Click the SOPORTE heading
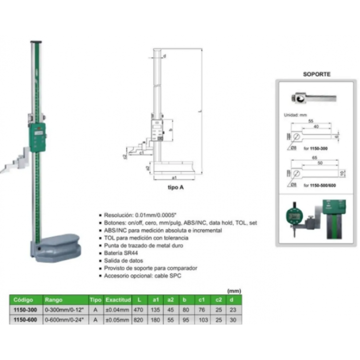(x=317, y=74)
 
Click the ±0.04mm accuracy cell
(x=117, y=310)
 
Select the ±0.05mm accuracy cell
(x=117, y=320)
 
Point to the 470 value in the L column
(x=139, y=310)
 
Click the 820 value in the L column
(x=139, y=320)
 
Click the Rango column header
(x=53, y=300)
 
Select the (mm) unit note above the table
(x=234, y=291)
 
